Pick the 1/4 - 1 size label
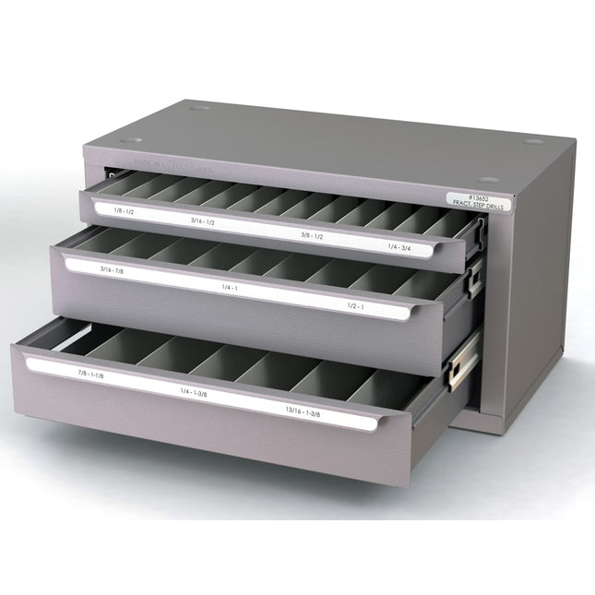231,289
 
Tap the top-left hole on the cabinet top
199,108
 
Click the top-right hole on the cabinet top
532,141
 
